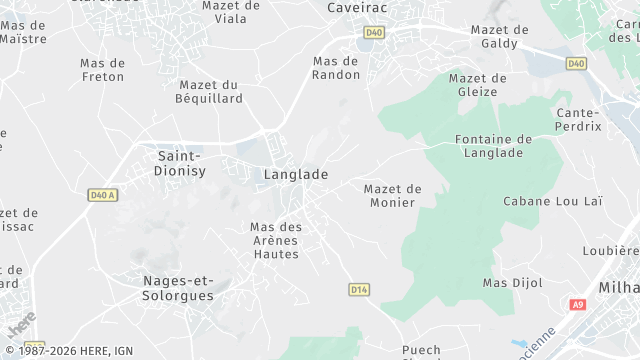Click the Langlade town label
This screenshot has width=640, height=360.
[x=295, y=174]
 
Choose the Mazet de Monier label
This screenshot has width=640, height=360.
[x=393, y=196]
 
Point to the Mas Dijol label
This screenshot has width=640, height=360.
[x=513, y=283]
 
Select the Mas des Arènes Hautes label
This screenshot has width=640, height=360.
[x=276, y=240]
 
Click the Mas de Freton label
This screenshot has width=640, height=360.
[x=102, y=69]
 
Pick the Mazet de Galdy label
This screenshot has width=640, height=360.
[x=500, y=37]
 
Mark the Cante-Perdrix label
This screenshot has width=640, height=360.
[x=579, y=120]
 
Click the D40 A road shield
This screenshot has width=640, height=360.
[x=102, y=195]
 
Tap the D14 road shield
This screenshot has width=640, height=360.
[x=360, y=289]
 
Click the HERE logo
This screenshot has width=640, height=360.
[x=20, y=325]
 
